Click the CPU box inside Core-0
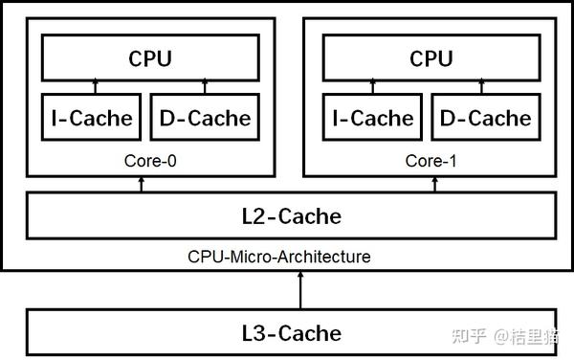150,57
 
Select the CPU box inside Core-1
430,57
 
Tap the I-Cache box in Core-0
92,118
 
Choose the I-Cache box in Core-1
373,118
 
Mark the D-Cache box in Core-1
486,118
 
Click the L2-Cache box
290,215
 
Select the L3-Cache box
290,332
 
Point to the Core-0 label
150,161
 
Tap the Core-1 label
430,161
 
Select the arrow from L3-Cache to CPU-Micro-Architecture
301,289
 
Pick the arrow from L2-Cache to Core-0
142,184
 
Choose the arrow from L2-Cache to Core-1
435,184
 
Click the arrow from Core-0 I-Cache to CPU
93,87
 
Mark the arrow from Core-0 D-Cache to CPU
206,87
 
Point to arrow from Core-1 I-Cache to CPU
373,87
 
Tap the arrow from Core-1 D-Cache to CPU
486,87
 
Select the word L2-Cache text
290,215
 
